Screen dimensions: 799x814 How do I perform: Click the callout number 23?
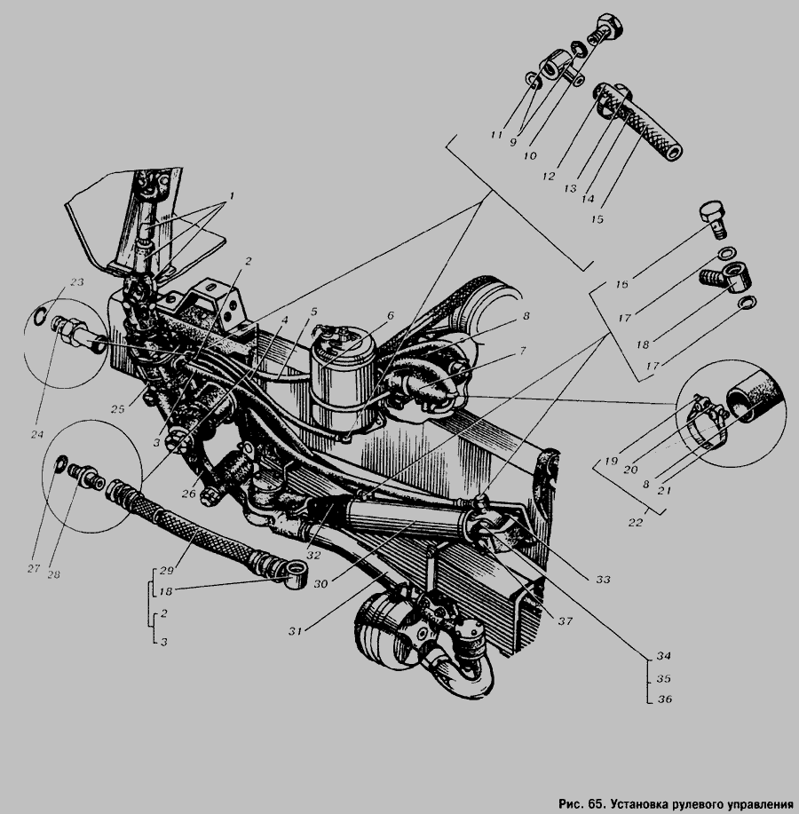point(77,282)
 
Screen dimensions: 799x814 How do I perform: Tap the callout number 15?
point(597,219)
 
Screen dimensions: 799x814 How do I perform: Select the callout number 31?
point(296,631)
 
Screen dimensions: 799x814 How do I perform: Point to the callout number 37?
point(565,620)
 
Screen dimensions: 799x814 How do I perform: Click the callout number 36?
point(665,699)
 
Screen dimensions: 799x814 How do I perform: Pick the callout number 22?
point(636,523)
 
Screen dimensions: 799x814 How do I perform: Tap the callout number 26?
point(188,494)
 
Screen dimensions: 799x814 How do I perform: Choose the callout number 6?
point(391,315)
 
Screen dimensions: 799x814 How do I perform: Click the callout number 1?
point(232,195)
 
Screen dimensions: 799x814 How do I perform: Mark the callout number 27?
point(34,568)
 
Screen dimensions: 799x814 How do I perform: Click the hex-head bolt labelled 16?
point(712,220)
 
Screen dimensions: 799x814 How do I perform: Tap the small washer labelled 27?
point(61,463)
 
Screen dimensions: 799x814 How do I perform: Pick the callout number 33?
point(603,580)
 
